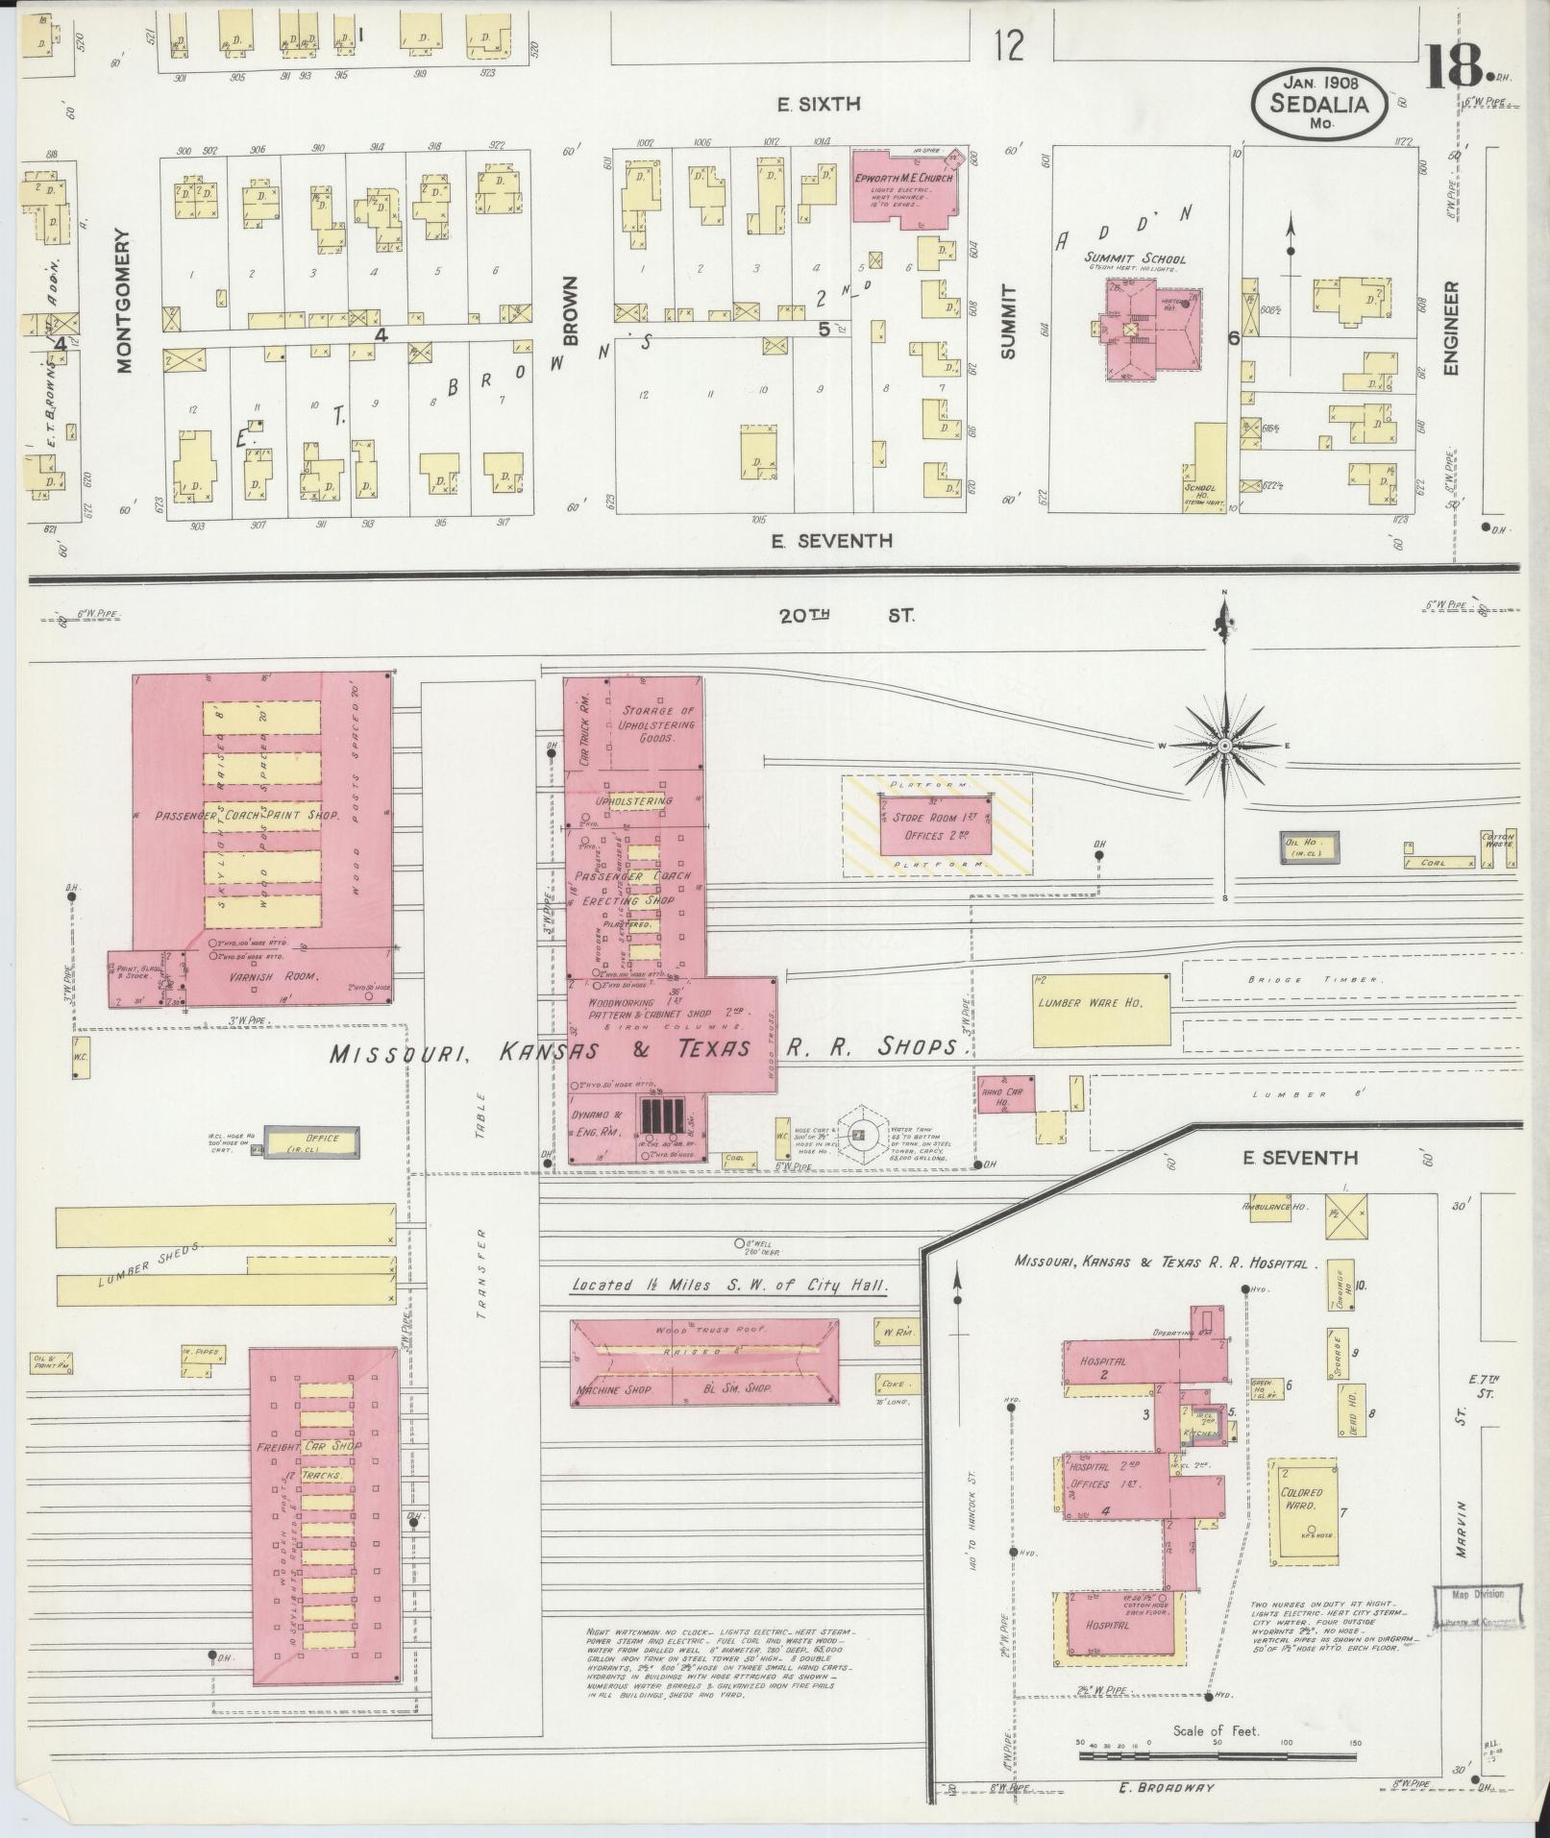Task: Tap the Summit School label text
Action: click(x=1135, y=258)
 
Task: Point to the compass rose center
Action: click(x=1225, y=746)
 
